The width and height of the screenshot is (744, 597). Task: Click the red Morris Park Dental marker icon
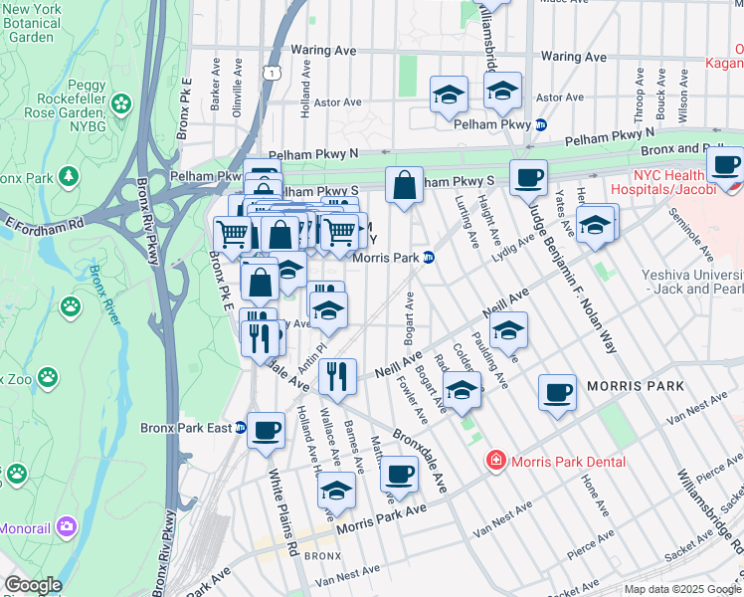(x=494, y=461)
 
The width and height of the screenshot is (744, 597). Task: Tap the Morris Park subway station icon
(x=429, y=258)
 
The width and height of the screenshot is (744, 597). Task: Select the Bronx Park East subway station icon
(x=240, y=428)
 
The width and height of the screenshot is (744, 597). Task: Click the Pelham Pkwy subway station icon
(x=541, y=125)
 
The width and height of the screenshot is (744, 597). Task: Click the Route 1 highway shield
(x=272, y=72)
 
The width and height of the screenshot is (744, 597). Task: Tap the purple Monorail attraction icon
(x=66, y=525)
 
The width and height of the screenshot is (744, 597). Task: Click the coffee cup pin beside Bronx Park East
(x=266, y=430)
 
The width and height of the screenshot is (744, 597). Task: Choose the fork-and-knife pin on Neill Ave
(x=338, y=376)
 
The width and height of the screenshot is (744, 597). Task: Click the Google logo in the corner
(x=32, y=585)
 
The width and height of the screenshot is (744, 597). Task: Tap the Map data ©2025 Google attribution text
(x=681, y=589)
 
